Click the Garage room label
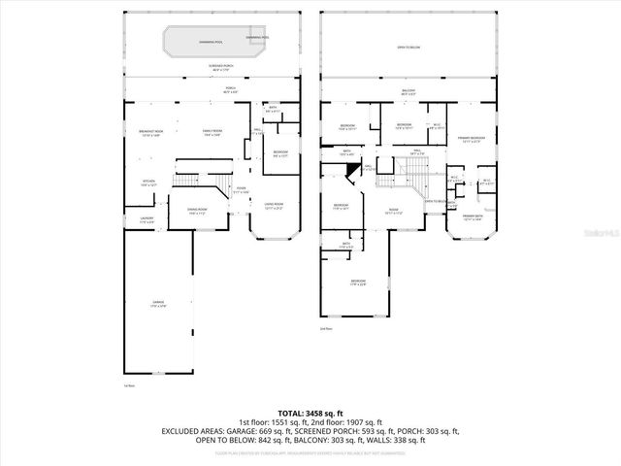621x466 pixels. coord(157,304)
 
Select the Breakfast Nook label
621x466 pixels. coord(149,133)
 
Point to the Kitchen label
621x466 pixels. coord(149,183)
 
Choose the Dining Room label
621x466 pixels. coord(195,210)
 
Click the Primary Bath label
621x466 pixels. coord(473,216)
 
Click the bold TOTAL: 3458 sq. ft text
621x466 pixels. coord(310,413)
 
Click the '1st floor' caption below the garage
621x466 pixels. coord(128,385)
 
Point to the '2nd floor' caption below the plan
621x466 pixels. coord(326,329)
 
